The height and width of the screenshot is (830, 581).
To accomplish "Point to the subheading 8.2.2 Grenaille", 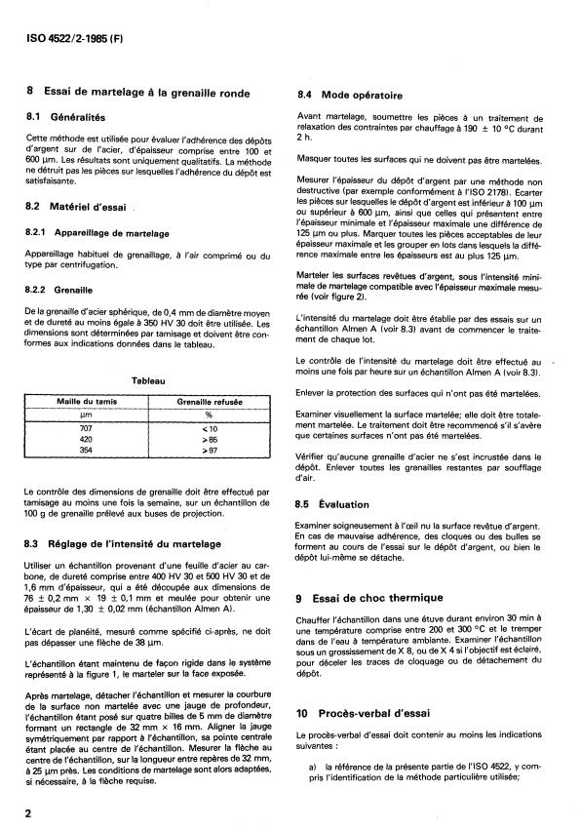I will (x=64, y=289).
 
